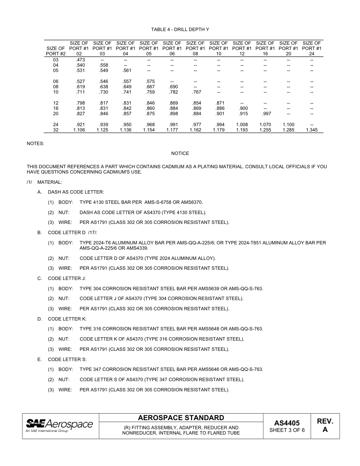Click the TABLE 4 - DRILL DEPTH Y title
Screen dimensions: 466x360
pos(180,30)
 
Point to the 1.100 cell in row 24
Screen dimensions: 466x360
pos(288,125)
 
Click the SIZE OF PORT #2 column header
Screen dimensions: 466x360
pos(56,51)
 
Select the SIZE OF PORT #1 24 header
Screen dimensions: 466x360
pos(312,48)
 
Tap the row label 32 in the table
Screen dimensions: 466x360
pos(56,130)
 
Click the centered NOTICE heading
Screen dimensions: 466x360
pos(180,153)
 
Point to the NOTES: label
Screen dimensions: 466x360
pos(35,144)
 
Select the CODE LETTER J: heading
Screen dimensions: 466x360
pos(67,278)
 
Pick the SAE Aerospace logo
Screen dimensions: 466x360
pos(59,425)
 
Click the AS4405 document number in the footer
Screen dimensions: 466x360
pos(287,423)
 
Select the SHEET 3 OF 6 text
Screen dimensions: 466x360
pos(287,430)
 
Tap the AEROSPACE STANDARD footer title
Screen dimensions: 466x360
pos(181,418)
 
